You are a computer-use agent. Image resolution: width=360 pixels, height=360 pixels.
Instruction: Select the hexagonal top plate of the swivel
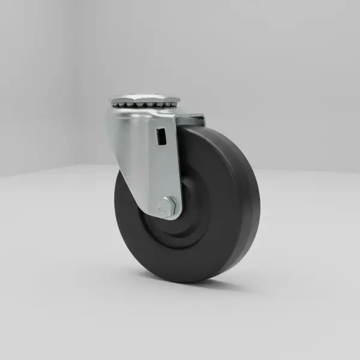(145, 97)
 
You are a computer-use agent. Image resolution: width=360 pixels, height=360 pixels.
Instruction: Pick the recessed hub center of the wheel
(180, 216)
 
